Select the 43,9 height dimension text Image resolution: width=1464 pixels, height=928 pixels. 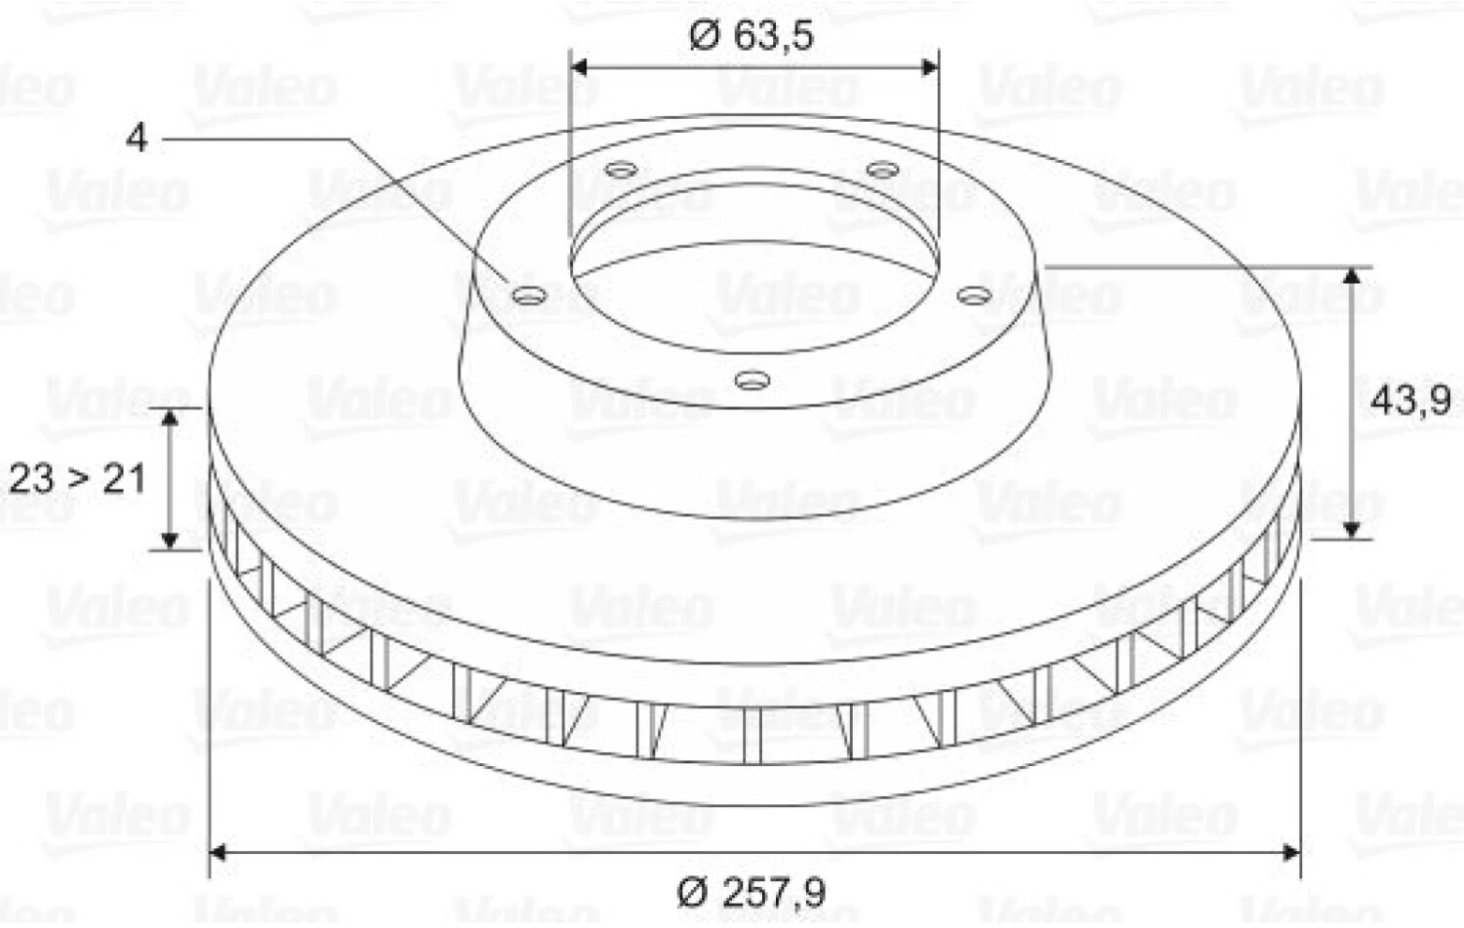tap(1409, 401)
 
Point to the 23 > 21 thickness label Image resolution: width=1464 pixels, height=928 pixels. tap(77, 479)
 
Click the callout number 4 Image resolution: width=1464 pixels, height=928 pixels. tap(137, 139)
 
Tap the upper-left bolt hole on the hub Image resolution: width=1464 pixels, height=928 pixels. tap(620, 171)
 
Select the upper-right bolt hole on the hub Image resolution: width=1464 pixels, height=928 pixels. tap(882, 171)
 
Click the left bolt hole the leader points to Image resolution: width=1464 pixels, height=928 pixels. tap(529, 296)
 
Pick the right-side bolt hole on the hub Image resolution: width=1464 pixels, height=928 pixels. tap(974, 296)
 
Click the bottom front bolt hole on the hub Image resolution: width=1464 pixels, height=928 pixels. tap(752, 380)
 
